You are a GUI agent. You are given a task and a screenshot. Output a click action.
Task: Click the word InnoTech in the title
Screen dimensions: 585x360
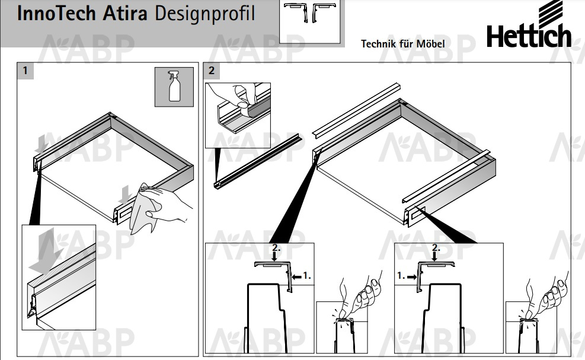pyautogui.click(x=56, y=14)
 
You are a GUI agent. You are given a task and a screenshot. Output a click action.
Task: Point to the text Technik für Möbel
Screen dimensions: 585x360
pyautogui.click(x=402, y=44)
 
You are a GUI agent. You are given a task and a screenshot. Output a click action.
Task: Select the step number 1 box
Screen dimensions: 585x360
pyautogui.click(x=25, y=71)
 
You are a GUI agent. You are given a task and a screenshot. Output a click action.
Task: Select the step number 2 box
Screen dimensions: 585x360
pyautogui.click(x=212, y=71)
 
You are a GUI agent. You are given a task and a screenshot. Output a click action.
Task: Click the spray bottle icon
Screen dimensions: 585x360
pyautogui.click(x=174, y=87)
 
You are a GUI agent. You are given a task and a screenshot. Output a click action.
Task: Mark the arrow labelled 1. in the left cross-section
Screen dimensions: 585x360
pyautogui.click(x=296, y=277)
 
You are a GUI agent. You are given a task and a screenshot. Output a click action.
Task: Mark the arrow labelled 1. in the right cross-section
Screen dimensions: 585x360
pyautogui.click(x=413, y=277)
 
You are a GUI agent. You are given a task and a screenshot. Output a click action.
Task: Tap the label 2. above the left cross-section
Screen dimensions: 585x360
pyautogui.click(x=276, y=247)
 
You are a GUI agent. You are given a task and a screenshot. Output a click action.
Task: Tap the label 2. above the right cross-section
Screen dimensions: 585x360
pyautogui.click(x=436, y=247)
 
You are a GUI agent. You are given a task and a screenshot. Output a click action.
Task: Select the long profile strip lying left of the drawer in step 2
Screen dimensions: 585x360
pyautogui.click(x=257, y=161)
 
